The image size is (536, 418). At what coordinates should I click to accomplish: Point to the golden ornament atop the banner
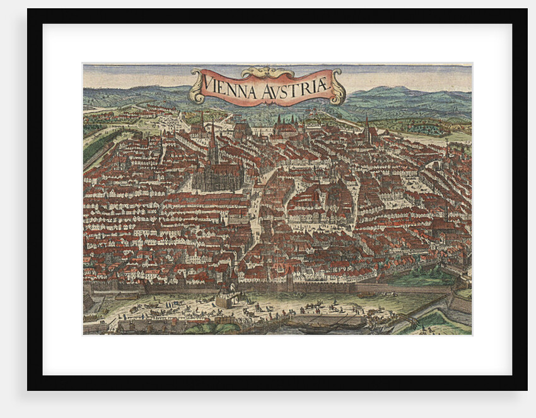pyautogui.click(x=267, y=72)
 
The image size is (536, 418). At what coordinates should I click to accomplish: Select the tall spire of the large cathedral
pyautogui.click(x=213, y=142)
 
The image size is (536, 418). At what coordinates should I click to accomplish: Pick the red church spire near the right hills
pyautogui.click(x=366, y=130)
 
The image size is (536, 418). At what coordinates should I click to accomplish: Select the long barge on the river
pyautogui.click(x=328, y=321)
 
